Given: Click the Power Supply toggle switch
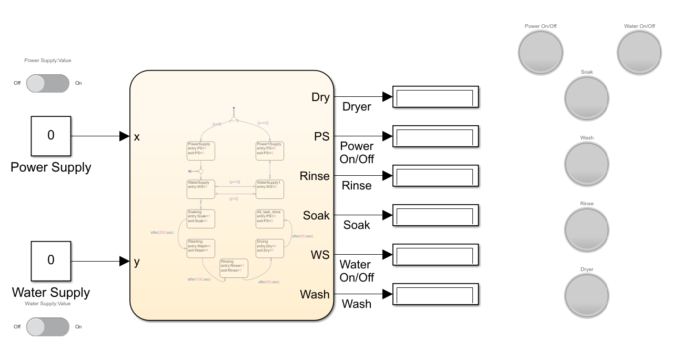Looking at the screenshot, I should [47, 83].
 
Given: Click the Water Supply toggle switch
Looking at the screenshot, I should [47, 326].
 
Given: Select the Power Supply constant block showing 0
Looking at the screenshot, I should [50, 136].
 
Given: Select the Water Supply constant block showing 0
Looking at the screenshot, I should [50, 261].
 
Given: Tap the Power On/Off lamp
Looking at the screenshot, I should [540, 52].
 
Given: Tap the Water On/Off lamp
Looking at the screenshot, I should [639, 52].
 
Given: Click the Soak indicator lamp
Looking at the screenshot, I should [587, 98].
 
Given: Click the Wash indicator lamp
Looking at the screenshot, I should [587, 164].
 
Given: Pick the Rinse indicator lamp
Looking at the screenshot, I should [587, 229].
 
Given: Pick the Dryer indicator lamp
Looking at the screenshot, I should [587, 295].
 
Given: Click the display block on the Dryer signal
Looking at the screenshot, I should [435, 97].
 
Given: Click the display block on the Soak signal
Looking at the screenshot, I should [435, 215].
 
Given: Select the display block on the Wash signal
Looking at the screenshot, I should [435, 294].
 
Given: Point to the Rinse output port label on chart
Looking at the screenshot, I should [315, 176].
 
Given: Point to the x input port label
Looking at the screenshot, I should [137, 137].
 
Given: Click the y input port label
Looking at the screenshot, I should [137, 262].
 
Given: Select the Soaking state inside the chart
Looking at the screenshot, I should [200, 218].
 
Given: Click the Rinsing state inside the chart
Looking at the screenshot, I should [234, 268].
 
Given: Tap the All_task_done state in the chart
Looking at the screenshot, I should [269, 218].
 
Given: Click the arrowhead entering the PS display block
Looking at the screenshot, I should [388, 136].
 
